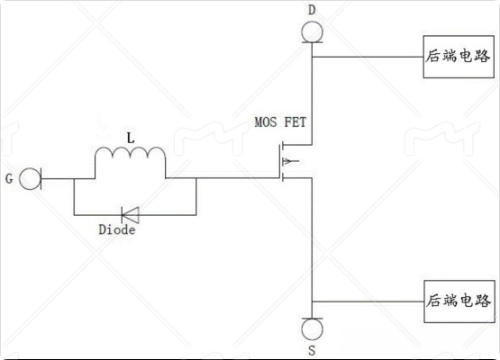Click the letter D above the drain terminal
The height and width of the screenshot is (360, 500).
312,10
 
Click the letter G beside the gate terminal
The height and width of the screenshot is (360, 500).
9,179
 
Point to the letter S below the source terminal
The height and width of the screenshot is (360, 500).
312,350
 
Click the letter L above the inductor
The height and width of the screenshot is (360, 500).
131,138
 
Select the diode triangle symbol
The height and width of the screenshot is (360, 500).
130,215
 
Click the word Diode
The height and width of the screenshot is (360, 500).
117,229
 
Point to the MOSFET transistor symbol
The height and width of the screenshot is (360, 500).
290,162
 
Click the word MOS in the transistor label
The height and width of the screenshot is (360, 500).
266,122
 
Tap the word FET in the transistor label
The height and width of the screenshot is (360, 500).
295,122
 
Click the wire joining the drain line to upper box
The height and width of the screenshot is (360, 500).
368,57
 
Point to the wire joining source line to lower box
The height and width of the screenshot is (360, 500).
368,301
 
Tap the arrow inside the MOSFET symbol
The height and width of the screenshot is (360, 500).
290,161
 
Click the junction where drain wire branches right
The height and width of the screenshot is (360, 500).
313,57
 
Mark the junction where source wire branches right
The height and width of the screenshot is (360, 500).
313,301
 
